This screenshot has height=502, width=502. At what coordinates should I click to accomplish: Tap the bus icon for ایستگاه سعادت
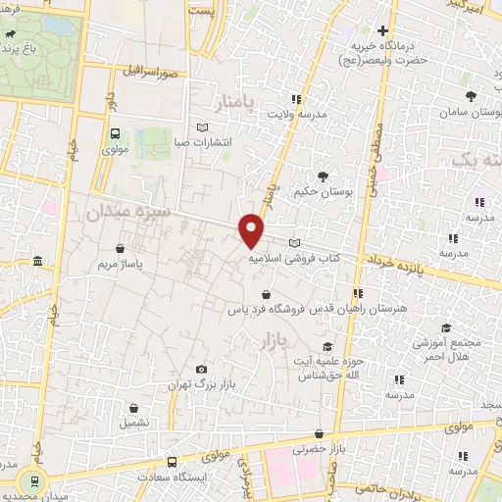[x=173, y=461]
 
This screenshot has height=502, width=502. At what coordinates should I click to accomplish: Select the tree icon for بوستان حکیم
[x=323, y=176]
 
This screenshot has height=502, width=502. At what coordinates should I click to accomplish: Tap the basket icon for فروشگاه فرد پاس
[x=267, y=293]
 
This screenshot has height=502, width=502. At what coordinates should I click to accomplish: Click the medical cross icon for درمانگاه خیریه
[x=381, y=29]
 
